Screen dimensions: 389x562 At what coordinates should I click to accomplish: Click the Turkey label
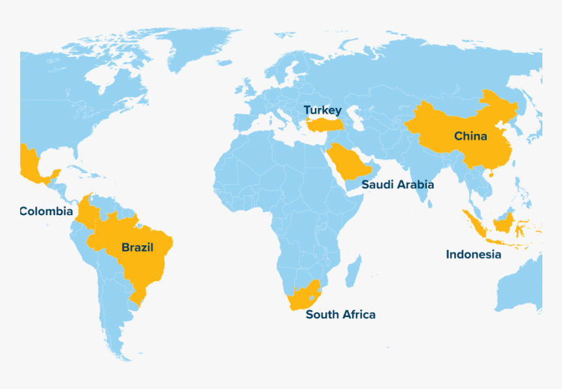pyautogui.click(x=322, y=110)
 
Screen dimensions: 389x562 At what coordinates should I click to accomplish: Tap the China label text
pyautogui.click(x=471, y=136)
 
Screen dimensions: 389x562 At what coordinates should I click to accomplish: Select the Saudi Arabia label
pyautogui.click(x=397, y=184)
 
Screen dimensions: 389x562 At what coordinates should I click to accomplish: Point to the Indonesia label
pyautogui.click(x=473, y=254)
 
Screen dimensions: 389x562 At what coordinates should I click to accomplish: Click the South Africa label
pyautogui.click(x=340, y=314)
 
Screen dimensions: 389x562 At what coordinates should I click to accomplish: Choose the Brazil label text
pyautogui.click(x=137, y=247)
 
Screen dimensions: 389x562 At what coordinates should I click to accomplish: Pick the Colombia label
pyautogui.click(x=46, y=211)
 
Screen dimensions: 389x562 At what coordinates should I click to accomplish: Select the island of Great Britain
pyautogui.click(x=248, y=89)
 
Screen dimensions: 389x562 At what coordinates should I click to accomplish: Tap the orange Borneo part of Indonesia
pyautogui.click(x=503, y=223)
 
